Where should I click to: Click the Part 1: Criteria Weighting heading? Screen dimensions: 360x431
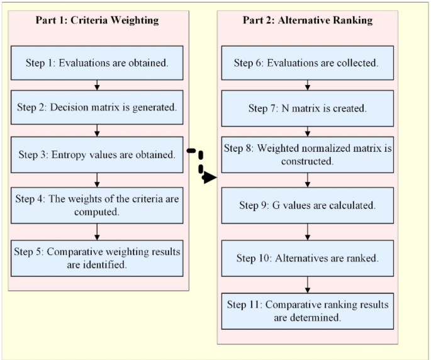[97, 20]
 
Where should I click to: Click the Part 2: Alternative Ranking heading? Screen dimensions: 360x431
[307, 20]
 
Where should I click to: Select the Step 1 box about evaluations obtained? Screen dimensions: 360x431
[97, 62]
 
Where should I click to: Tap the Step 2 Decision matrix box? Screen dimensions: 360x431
[97, 108]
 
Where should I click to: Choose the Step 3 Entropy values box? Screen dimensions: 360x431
[97, 154]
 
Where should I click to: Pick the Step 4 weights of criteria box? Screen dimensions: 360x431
[97, 205]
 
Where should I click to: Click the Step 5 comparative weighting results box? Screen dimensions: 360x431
[97, 257]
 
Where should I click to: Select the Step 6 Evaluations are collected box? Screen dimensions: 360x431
[307, 62]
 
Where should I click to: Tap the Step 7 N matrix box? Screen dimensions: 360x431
[307, 108]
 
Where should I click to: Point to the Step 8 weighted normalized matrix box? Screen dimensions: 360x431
[307, 155]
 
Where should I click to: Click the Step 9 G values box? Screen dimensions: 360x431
[307, 205]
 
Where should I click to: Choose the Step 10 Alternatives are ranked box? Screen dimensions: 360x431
[307, 258]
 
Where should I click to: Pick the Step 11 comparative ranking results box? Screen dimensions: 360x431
[307, 311]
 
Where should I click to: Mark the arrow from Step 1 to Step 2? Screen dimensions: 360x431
[97, 85]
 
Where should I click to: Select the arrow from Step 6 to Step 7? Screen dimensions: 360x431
[307, 85]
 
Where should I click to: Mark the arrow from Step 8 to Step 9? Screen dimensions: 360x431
[307, 180]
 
